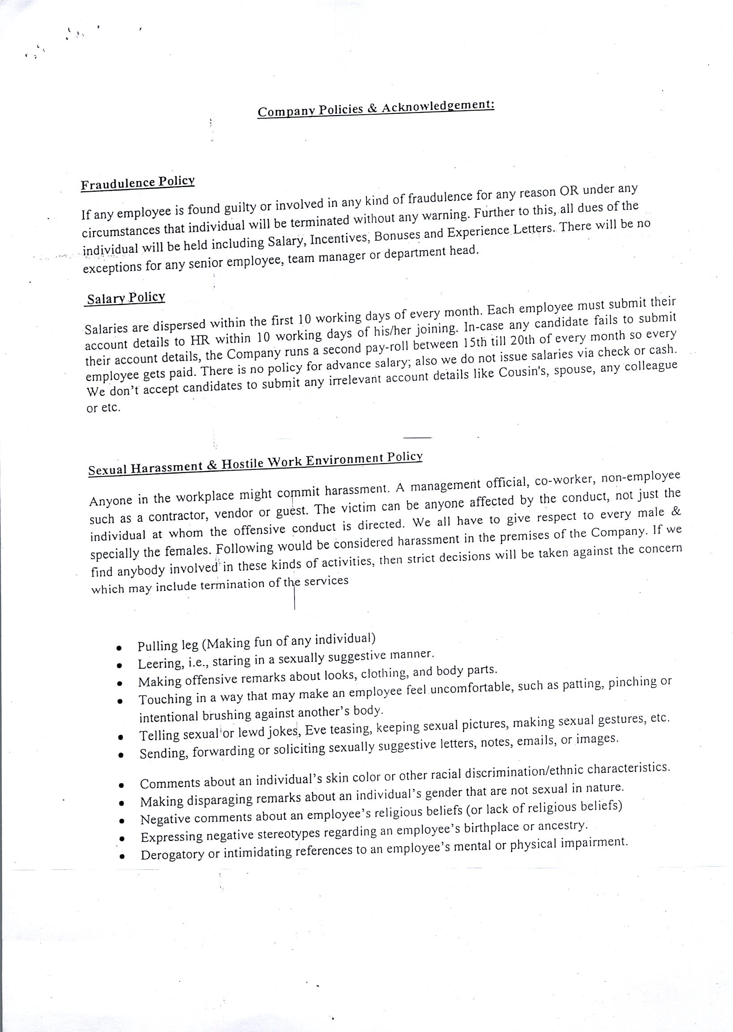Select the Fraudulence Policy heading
137,183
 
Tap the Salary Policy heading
126,298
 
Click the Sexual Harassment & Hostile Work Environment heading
255,463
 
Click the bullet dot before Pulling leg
119,648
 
